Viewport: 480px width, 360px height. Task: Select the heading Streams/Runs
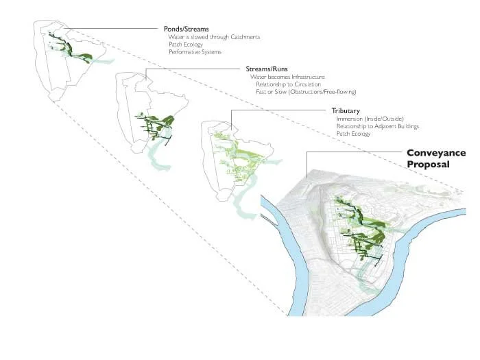pos(267,69)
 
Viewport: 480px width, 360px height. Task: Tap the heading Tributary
pos(346,111)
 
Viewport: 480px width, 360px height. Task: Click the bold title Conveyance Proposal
pos(435,158)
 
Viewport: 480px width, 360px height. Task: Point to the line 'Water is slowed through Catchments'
pos(214,37)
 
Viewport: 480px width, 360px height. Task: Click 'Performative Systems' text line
pos(195,52)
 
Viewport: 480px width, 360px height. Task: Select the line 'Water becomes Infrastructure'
pos(287,77)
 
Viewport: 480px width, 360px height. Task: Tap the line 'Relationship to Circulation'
pos(288,84)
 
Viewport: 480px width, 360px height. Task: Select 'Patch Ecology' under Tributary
pos(353,134)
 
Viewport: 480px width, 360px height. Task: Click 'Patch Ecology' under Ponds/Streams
pos(186,45)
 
